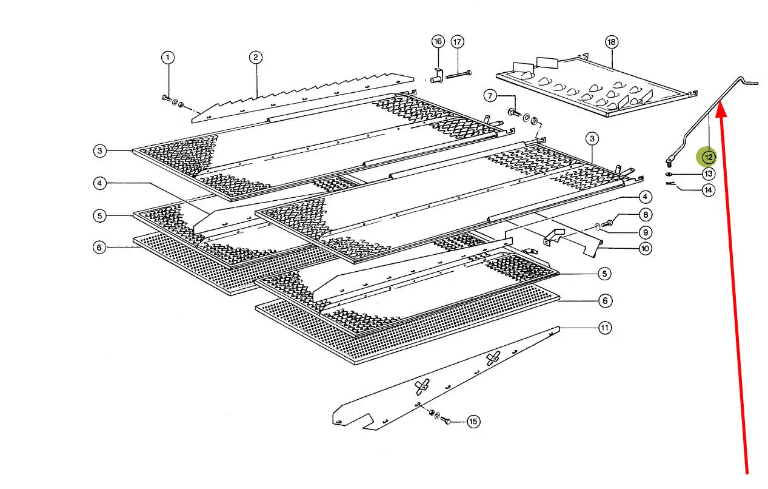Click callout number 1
(x=168, y=58)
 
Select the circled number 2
(x=256, y=58)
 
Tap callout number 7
(x=490, y=96)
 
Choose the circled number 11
(x=604, y=328)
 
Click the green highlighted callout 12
(x=707, y=158)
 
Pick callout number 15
(x=473, y=421)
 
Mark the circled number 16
(x=438, y=41)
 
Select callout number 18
(x=610, y=42)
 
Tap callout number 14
(x=707, y=191)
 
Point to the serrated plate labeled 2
(x=303, y=94)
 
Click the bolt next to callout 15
(x=446, y=420)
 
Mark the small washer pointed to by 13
(x=668, y=174)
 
